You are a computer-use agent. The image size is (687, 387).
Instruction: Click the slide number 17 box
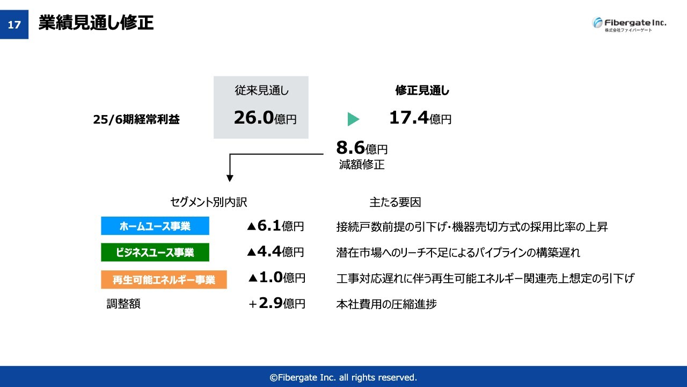click(14, 24)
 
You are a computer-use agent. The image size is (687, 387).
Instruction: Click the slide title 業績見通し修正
click(96, 23)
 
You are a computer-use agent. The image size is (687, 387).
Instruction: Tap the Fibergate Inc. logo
click(628, 24)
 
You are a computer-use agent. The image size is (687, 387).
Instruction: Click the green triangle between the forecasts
click(353, 119)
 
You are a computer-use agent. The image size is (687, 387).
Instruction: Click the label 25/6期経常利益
click(136, 119)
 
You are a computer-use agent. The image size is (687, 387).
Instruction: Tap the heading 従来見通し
click(261, 90)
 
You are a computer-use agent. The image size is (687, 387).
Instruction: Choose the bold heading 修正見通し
click(422, 90)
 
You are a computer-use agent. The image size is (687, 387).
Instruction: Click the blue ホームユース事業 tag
click(155, 226)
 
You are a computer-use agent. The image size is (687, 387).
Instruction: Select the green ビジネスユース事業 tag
click(155, 252)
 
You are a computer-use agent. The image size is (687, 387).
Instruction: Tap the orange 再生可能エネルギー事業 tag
click(164, 279)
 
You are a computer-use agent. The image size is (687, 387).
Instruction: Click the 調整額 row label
click(123, 304)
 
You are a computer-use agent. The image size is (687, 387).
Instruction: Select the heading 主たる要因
click(395, 203)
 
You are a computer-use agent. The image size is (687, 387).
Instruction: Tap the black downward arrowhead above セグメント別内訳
click(230, 178)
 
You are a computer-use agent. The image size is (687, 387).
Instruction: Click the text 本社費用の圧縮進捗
click(386, 304)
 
